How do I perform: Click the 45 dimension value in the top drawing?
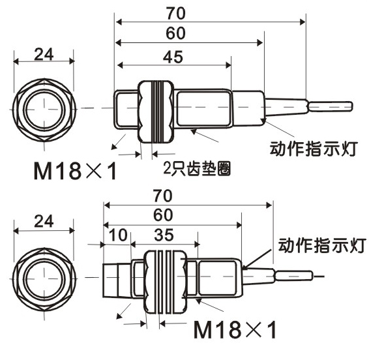click(x=173, y=57)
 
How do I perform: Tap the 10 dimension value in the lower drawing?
click(x=119, y=235)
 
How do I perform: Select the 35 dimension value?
click(x=164, y=235)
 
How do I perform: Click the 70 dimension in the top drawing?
click(x=176, y=14)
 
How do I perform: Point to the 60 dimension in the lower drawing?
click(x=163, y=215)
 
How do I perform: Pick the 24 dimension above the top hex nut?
click(x=44, y=54)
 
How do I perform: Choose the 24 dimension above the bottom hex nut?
click(x=44, y=221)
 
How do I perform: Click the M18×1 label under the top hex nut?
click(x=75, y=171)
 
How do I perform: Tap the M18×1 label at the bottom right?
click(x=235, y=330)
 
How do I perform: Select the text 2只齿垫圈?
click(x=197, y=168)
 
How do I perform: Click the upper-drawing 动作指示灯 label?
click(x=314, y=149)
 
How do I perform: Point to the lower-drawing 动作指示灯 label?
click(x=322, y=245)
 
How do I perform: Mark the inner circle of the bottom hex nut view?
click(x=44, y=259)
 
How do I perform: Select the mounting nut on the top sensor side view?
click(x=156, y=112)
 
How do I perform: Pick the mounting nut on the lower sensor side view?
click(x=166, y=281)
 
